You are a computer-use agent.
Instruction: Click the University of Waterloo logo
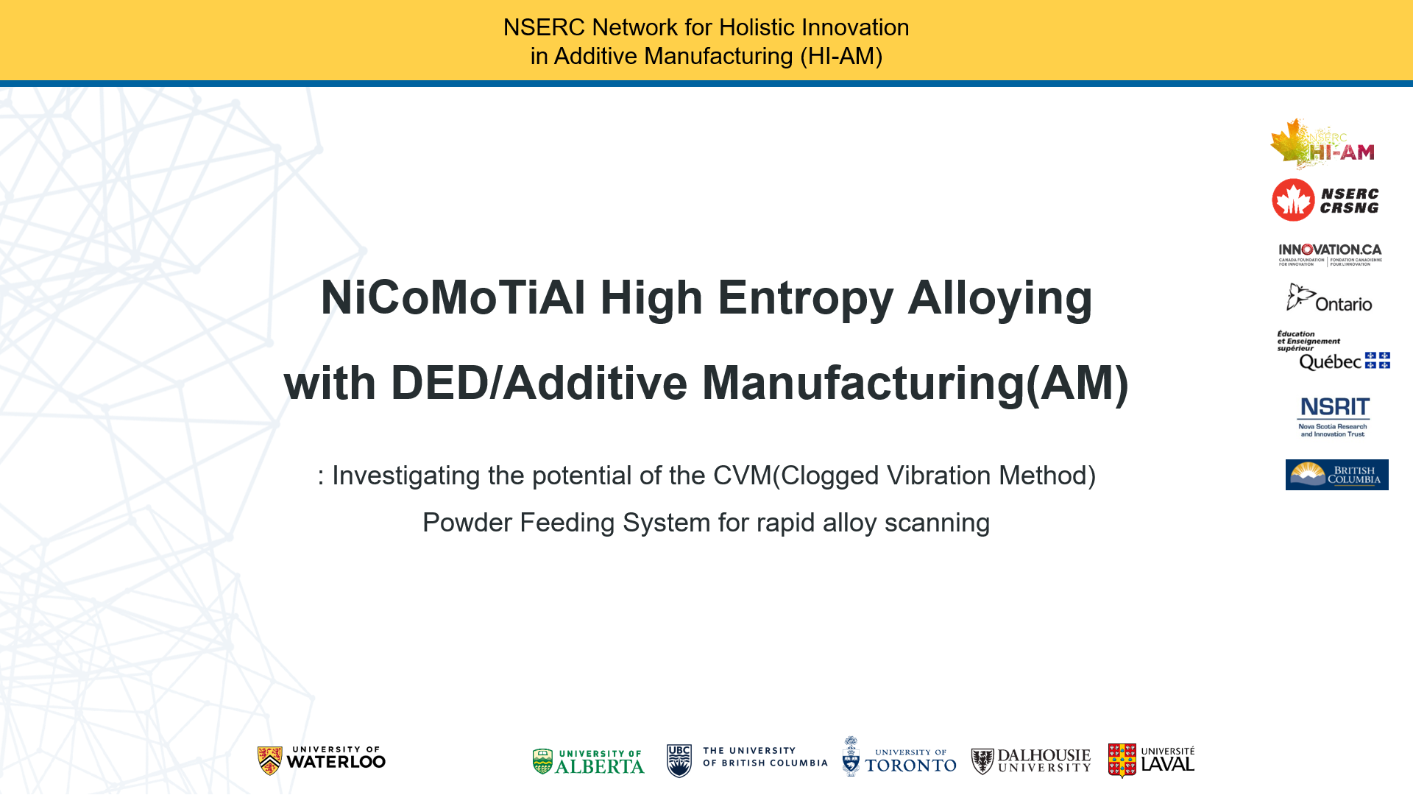pyautogui.click(x=322, y=760)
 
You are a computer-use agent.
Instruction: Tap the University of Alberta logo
pyautogui.click(x=588, y=762)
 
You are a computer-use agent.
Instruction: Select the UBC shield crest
pyautogui.click(x=679, y=761)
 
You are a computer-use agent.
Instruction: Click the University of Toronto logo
pyautogui.click(x=899, y=757)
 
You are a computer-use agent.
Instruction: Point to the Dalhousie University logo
pyautogui.click(x=1031, y=761)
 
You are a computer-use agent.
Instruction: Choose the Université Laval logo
pyautogui.click(x=1152, y=760)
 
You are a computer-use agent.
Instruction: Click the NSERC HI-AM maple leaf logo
pyautogui.click(x=1322, y=144)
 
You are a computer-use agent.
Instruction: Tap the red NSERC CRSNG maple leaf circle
pyautogui.click(x=1293, y=199)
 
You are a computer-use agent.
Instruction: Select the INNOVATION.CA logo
pyautogui.click(x=1330, y=255)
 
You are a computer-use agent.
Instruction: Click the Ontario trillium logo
pyautogui.click(x=1329, y=298)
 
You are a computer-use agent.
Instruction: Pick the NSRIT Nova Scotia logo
pyautogui.click(x=1334, y=417)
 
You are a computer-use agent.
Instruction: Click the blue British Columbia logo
pyautogui.click(x=1336, y=475)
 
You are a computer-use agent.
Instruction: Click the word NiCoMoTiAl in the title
pyautogui.click(x=453, y=297)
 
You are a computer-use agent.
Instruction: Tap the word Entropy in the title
pyautogui.click(x=805, y=299)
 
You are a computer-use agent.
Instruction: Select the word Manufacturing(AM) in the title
pyautogui.click(x=915, y=384)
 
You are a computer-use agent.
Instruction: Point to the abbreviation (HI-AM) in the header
pyautogui.click(x=841, y=56)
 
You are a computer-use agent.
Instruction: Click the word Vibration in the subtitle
pyautogui.click(x=938, y=476)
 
